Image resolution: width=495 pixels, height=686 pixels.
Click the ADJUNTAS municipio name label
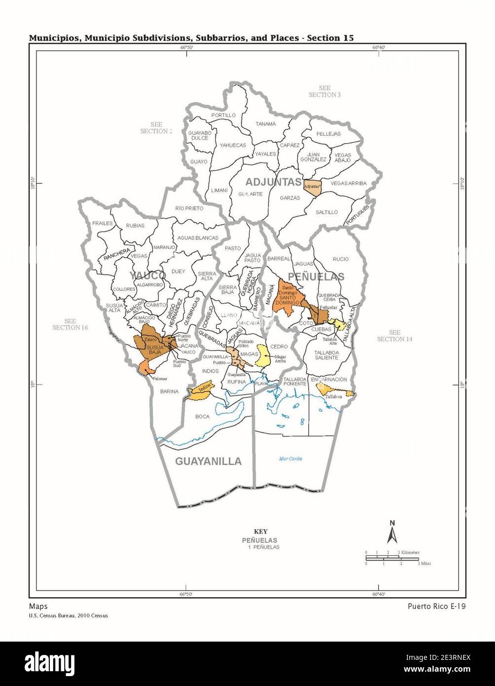pyautogui.click(x=274, y=182)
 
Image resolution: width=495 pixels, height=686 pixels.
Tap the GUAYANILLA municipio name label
pyautogui.click(x=208, y=461)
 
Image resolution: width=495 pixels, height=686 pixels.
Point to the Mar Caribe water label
pyautogui.click(x=290, y=458)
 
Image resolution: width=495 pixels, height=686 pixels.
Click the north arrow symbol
pyautogui.click(x=392, y=533)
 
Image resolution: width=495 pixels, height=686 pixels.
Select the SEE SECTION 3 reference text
pyautogui.click(x=324, y=91)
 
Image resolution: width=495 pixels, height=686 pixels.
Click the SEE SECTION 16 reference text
pyautogui.click(x=71, y=324)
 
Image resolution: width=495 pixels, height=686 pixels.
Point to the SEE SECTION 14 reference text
pyautogui.click(x=394, y=336)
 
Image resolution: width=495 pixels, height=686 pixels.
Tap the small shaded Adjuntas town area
pyautogui.click(x=313, y=187)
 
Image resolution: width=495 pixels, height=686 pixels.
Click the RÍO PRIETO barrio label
pyautogui.click(x=189, y=208)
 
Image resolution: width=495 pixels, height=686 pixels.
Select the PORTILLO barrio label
pyautogui.click(x=223, y=115)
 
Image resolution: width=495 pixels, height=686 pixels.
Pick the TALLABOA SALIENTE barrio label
pyautogui.click(x=326, y=354)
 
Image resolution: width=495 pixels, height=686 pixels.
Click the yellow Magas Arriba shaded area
pyautogui.click(x=263, y=356)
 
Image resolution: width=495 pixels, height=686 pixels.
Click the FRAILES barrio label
pyautogui.click(x=103, y=223)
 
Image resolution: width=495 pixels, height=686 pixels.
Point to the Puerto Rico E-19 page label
pyautogui.click(x=436, y=607)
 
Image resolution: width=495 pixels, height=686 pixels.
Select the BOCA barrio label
pyautogui.click(x=202, y=417)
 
